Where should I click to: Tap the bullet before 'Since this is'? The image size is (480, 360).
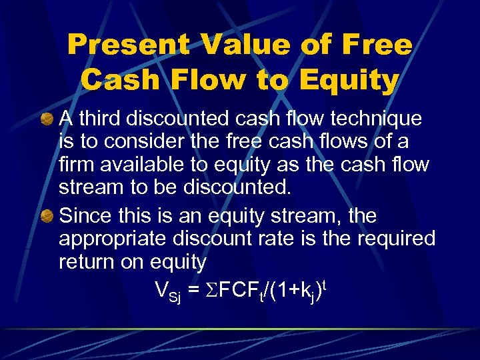48,217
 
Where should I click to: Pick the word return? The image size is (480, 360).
85,262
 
